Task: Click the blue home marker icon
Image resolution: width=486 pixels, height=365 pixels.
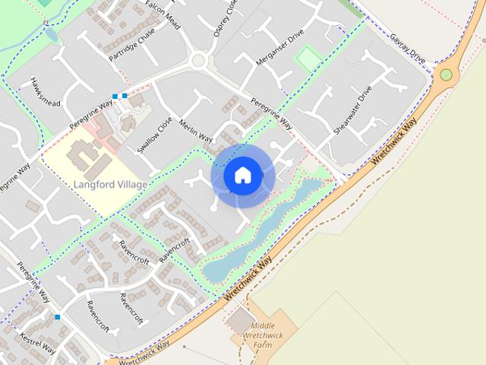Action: pos(242,175)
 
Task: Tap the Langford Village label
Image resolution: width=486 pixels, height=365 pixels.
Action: pos(111,184)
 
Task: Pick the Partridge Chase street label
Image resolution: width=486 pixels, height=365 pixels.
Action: pos(131,45)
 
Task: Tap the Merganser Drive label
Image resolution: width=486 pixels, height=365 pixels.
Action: pos(279,49)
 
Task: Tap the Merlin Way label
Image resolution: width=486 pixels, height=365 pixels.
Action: pos(195,130)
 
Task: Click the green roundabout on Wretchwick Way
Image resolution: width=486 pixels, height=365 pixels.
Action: pos(446,75)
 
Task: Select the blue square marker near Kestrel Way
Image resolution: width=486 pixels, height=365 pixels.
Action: pos(57,316)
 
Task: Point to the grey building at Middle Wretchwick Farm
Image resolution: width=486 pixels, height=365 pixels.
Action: pos(241,320)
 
